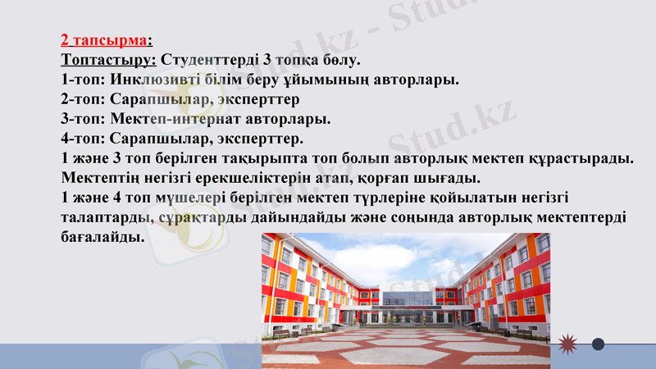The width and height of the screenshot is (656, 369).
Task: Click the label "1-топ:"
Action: click(83, 80)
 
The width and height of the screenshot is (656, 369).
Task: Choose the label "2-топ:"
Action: click(83, 99)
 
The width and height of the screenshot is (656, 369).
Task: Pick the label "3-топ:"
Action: click(83, 119)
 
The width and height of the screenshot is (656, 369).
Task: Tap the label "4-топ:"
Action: click(83, 139)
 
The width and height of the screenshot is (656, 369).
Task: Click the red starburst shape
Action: click(568, 344)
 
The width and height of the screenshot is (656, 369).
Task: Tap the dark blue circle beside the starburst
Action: click(599, 344)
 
